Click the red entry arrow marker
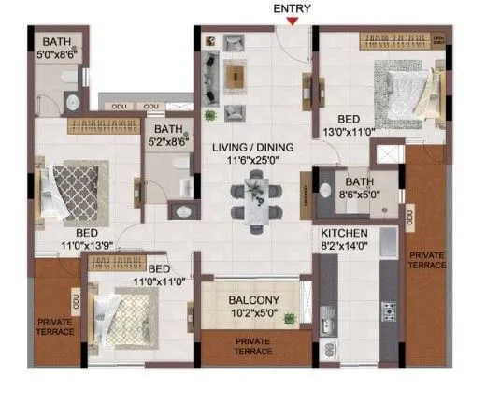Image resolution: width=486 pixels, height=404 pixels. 294,22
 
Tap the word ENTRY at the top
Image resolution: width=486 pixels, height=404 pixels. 293,8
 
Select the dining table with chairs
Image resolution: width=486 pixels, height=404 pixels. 254,199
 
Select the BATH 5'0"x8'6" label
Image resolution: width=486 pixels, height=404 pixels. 56,48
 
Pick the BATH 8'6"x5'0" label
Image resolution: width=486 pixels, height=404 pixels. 358,189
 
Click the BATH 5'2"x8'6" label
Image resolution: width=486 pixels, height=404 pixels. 169,137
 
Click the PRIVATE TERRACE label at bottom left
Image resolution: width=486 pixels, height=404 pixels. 56,328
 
